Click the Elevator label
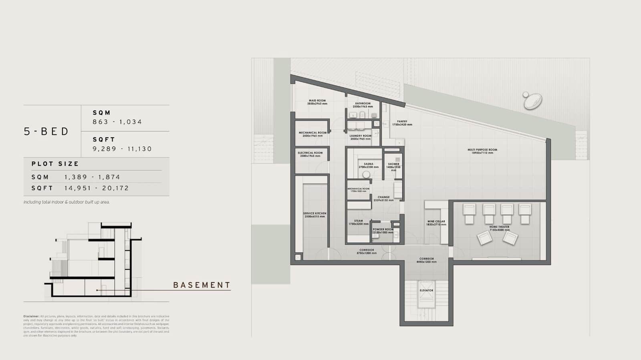(x=426, y=290)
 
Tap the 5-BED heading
(x=46, y=131)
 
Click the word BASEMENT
(x=202, y=285)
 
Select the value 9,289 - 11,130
(x=122, y=149)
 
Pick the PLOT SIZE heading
(x=55, y=164)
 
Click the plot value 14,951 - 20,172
(x=97, y=188)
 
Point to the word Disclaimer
(x=31, y=316)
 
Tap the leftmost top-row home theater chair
(x=469, y=213)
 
